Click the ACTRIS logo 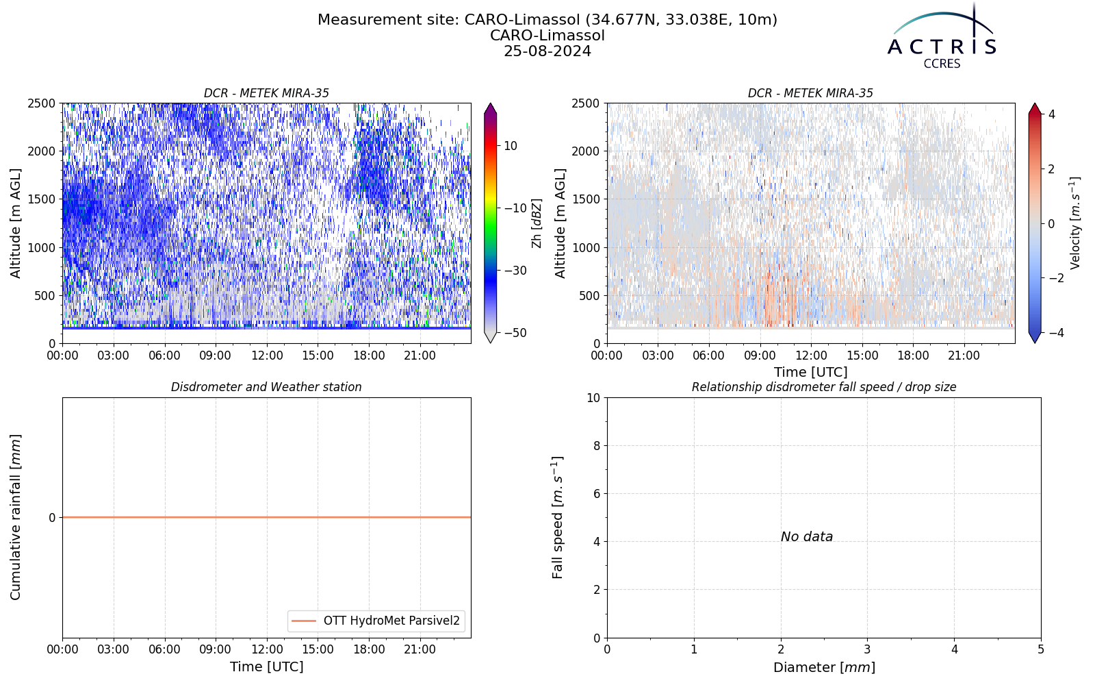(x=942, y=36)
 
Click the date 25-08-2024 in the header (x=547, y=51)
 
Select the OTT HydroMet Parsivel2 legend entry (x=376, y=621)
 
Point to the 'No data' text (x=807, y=537)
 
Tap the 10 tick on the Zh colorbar (x=511, y=146)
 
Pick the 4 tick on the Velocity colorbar (x=1051, y=114)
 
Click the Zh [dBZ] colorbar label (x=537, y=223)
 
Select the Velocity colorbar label (x=1075, y=223)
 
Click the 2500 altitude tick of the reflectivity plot (x=42, y=103)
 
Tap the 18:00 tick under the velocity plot (x=913, y=356)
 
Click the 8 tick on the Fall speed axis (x=596, y=446)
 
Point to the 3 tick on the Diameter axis (x=868, y=650)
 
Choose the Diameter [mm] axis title (x=824, y=667)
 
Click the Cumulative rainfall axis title (x=16, y=517)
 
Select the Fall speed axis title (x=557, y=518)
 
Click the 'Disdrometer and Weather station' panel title (x=266, y=387)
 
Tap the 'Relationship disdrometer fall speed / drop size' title (x=824, y=387)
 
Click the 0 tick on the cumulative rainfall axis (x=52, y=518)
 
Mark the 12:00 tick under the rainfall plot (x=267, y=650)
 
